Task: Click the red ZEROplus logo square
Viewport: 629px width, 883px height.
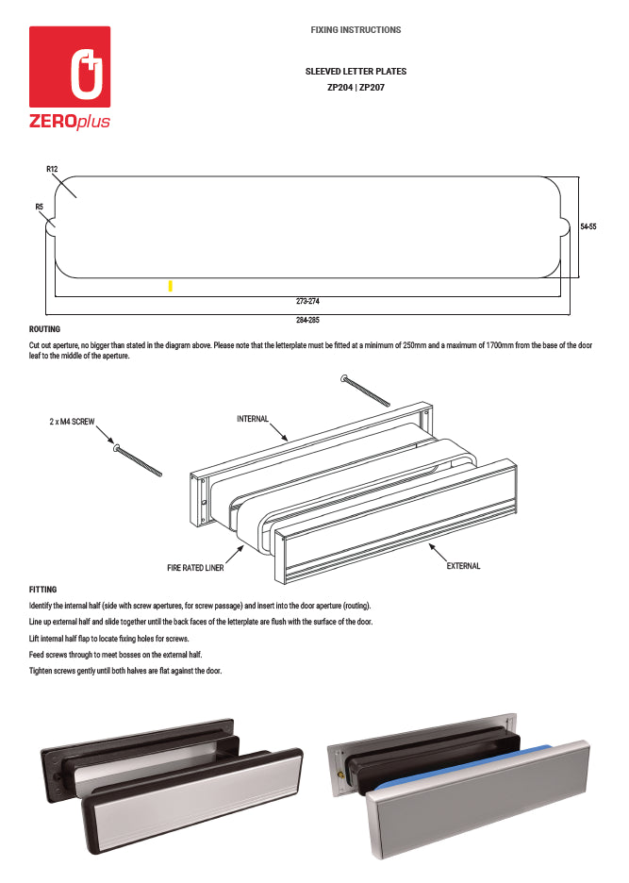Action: click(70, 66)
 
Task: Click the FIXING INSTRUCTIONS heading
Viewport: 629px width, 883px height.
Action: click(356, 30)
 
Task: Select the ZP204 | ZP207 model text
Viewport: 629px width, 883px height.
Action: click(356, 87)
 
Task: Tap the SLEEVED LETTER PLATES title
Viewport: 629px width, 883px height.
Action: click(356, 72)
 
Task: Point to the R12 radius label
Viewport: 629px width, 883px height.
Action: click(52, 169)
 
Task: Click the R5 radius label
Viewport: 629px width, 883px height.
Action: click(40, 206)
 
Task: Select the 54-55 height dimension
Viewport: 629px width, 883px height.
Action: click(588, 226)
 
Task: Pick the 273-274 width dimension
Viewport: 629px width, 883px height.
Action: click(306, 302)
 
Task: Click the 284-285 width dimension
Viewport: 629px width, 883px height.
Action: click(306, 320)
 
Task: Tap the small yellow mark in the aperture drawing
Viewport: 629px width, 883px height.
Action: click(170, 286)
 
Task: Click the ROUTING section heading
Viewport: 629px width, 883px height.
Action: click(45, 329)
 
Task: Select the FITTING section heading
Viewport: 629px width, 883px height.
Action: click(43, 590)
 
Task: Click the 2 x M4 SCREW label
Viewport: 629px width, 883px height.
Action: click(72, 422)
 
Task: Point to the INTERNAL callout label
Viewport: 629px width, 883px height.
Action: click(253, 419)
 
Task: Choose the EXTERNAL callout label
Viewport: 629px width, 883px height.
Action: click(463, 566)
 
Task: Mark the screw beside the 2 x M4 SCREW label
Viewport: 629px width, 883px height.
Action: click(138, 461)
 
